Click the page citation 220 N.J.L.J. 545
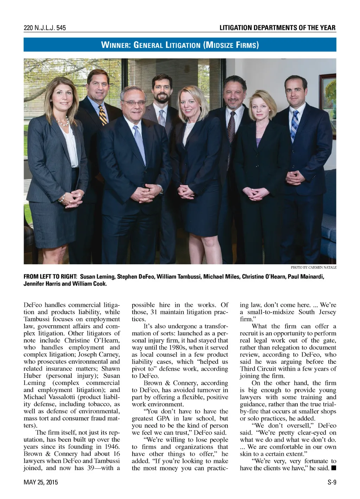point(45,28)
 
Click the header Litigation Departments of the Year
point(277,28)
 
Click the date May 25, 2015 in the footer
point(41,482)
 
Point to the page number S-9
point(332,482)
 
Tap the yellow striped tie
point(103,115)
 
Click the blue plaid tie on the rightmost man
point(295,125)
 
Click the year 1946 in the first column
point(112,447)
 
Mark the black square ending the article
point(334,468)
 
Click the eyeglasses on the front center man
point(133,103)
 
